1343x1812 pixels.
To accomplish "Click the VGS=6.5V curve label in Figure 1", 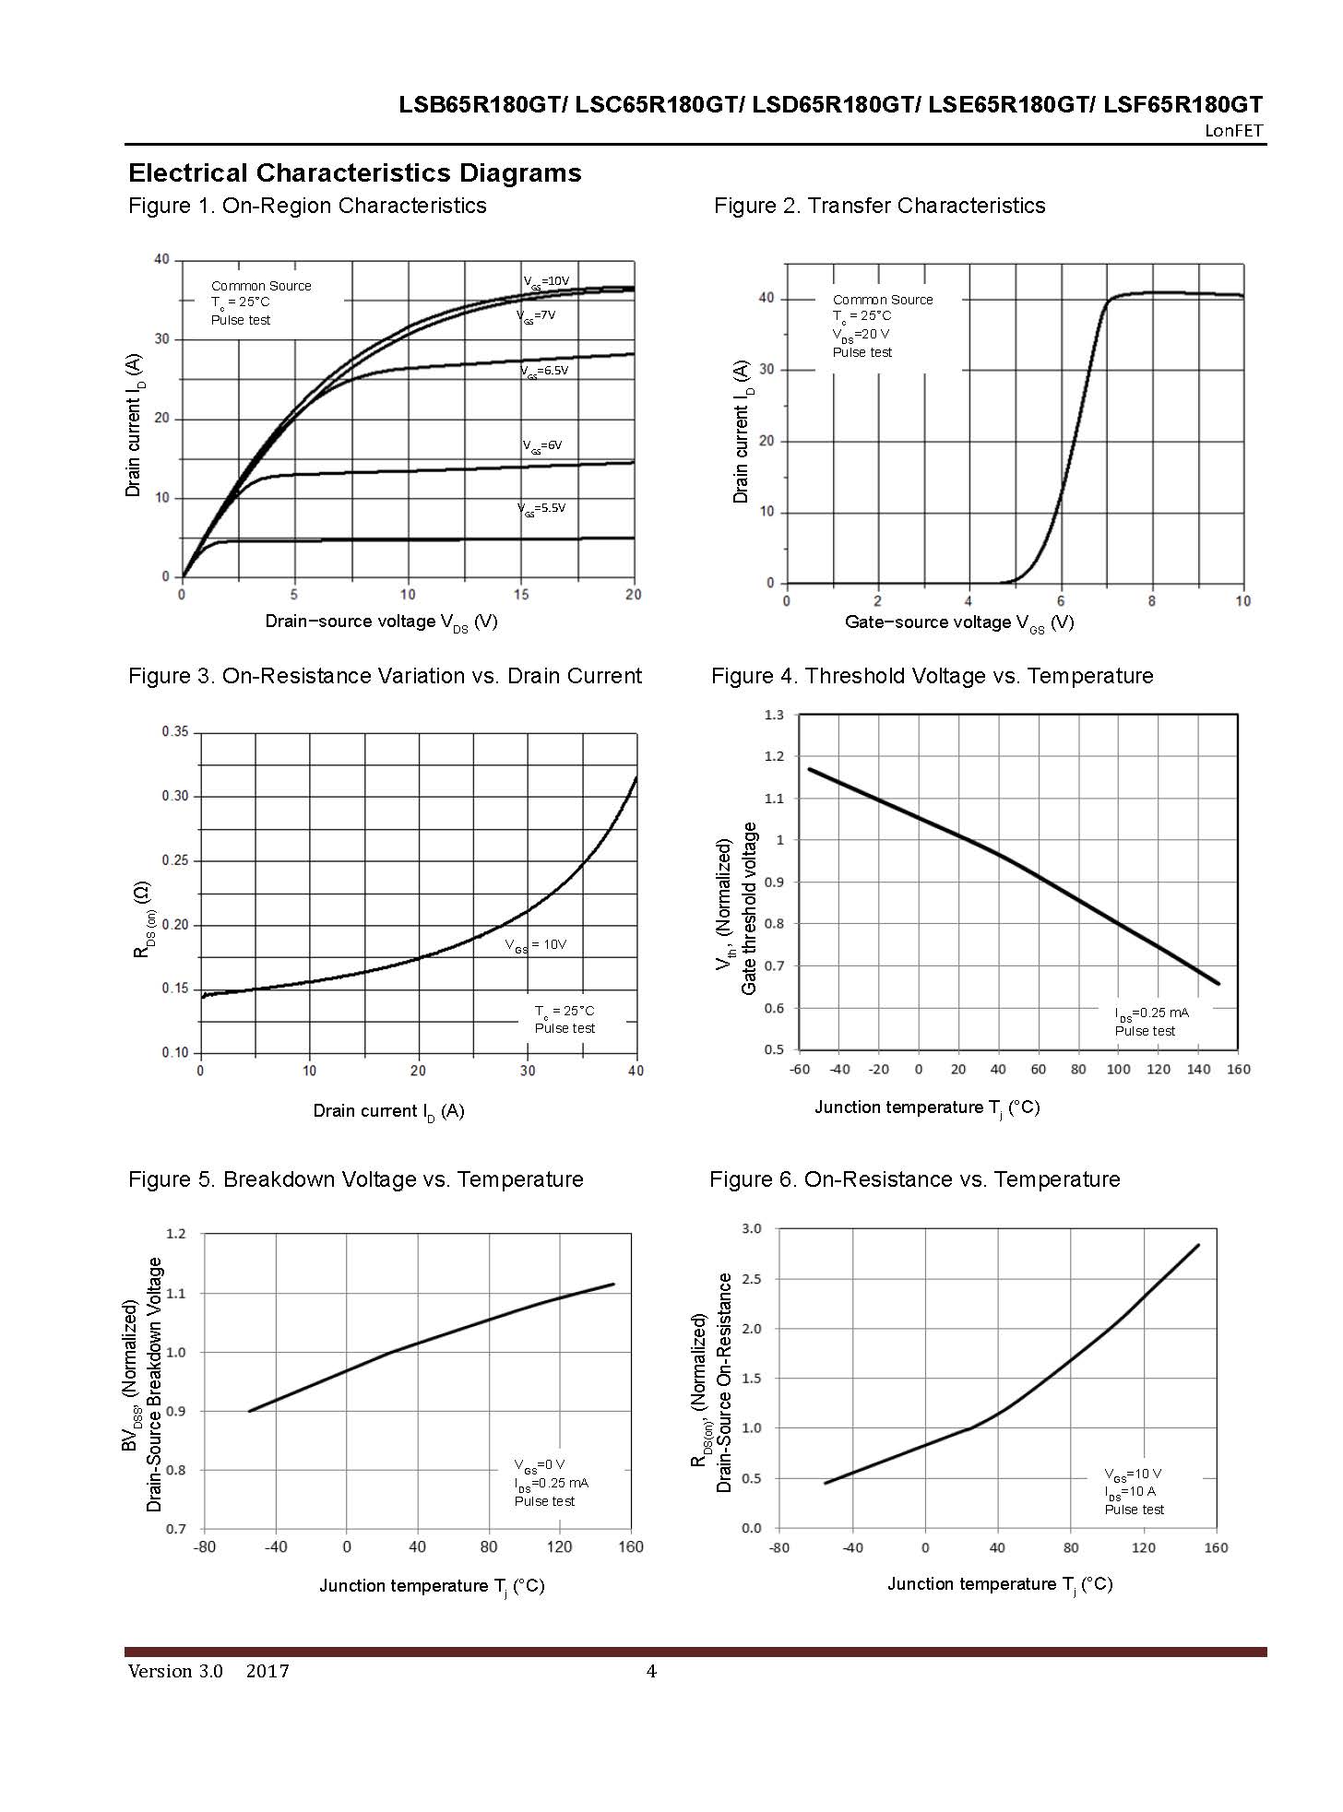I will tap(545, 371).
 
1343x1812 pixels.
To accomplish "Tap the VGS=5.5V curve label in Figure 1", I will tap(541, 508).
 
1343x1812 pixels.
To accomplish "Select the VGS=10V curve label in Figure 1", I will tap(547, 281).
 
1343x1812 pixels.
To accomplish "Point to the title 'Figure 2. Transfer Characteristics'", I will tap(879, 206).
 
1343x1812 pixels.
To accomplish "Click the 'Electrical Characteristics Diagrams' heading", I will tap(355, 173).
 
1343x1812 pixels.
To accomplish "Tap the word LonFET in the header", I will tap(1233, 131).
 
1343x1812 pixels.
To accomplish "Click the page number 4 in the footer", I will tap(651, 1672).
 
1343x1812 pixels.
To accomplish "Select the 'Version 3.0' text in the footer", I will tap(175, 1672).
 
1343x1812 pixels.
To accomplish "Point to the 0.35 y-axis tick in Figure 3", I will tap(175, 732).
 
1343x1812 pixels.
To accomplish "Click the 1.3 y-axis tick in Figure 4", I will tap(774, 716).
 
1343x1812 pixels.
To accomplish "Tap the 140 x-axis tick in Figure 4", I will tap(1198, 1070).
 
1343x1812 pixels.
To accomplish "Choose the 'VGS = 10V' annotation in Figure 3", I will tap(536, 945).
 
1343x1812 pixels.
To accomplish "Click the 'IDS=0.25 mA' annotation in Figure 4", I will tap(1151, 1013).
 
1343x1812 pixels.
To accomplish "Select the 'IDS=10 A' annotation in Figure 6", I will tap(1130, 1491).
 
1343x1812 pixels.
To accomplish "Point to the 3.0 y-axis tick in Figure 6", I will tap(752, 1229).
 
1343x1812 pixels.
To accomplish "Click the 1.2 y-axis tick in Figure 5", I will tap(175, 1234).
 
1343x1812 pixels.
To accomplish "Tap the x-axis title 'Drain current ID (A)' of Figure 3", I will tap(388, 1111).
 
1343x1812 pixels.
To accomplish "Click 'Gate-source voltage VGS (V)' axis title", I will tap(959, 622).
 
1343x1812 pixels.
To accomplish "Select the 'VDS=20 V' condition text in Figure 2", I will tap(861, 335).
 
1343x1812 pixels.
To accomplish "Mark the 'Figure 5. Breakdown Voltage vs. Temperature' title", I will tap(355, 1179).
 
